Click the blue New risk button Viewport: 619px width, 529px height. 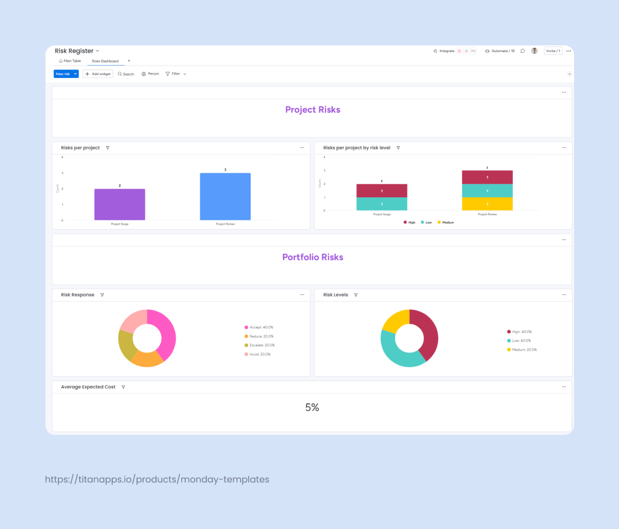[x=63, y=74]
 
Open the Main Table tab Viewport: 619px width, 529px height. [x=70, y=61]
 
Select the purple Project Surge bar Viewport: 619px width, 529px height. [x=120, y=205]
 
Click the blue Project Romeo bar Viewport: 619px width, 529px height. [x=225, y=197]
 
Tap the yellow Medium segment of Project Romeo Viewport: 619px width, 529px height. [x=487, y=204]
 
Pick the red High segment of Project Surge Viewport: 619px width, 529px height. [x=382, y=191]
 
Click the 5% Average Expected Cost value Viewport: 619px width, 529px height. [x=312, y=408]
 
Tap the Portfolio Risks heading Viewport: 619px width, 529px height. [x=313, y=257]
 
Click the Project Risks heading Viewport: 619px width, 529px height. [x=313, y=110]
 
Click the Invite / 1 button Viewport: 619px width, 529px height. [x=553, y=51]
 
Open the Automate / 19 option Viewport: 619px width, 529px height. [x=499, y=51]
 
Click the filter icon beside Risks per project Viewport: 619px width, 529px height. [x=108, y=148]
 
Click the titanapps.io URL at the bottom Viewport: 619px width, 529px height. [x=157, y=480]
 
